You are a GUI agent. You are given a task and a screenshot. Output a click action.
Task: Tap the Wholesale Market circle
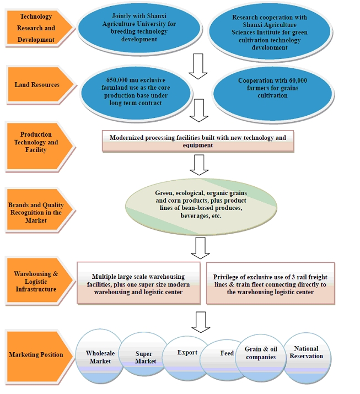click(100, 357)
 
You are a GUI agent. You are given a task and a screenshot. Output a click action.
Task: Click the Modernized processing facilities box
click(198, 141)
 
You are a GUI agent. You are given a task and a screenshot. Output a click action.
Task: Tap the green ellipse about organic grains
click(201, 207)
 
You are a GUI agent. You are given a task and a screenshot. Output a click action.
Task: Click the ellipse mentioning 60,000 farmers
click(273, 94)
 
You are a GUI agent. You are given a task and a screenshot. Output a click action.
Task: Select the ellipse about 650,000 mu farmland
click(136, 93)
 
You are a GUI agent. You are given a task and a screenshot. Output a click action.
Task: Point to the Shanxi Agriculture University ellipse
click(139, 28)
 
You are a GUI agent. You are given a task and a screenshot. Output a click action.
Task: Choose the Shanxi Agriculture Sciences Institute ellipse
click(270, 32)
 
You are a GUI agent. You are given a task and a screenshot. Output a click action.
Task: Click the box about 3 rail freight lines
click(270, 283)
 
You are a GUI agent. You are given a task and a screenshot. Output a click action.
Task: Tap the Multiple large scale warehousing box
click(138, 283)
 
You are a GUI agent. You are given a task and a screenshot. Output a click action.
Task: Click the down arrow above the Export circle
click(201, 322)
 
